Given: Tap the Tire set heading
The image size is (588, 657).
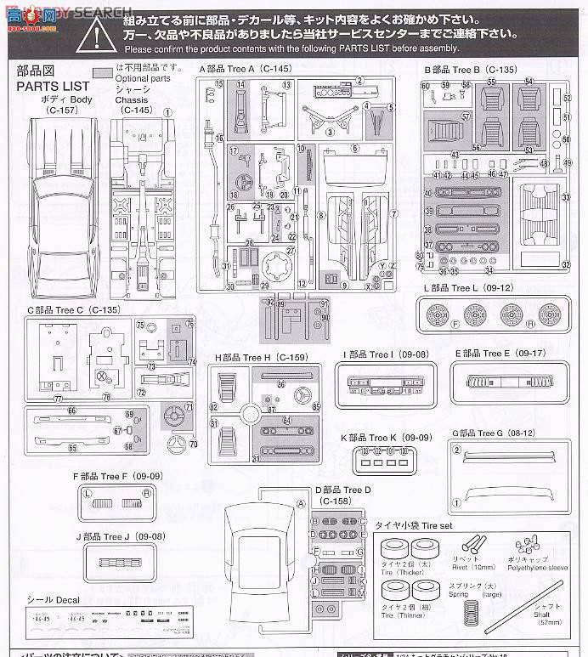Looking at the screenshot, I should [x=407, y=527].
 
